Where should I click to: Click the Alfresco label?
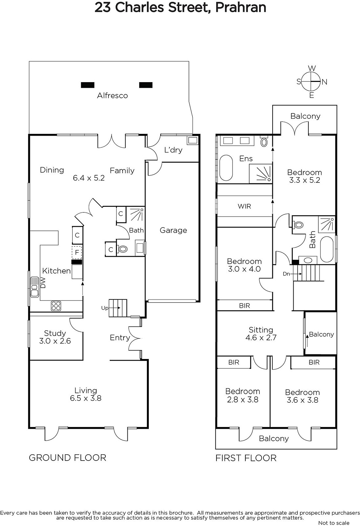112,96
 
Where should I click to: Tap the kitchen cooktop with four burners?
56,306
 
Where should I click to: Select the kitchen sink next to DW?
34,287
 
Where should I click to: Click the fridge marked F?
77,253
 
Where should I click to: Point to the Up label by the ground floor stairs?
105,308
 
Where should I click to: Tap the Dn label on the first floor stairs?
286,274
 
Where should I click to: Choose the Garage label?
173,230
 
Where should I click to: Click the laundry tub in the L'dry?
193,140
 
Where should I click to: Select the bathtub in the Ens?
226,168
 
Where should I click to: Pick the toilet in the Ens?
264,142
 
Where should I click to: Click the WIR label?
244,206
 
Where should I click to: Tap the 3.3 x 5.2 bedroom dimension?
304,180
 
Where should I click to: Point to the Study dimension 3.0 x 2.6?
55,341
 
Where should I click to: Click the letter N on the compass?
324,82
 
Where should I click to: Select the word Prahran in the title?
241,8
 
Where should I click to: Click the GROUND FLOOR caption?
68,458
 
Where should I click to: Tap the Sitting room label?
261,330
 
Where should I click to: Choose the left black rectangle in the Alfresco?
87,85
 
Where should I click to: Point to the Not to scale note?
334,523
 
